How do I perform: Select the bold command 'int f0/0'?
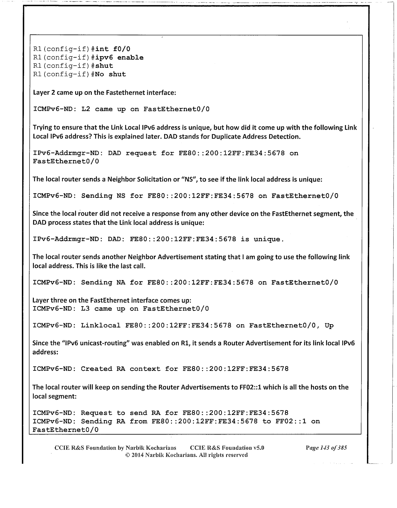click(113, 49)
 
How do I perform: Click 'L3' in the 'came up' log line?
click(85, 309)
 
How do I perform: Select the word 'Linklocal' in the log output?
click(101, 326)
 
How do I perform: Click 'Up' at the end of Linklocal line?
click(329, 326)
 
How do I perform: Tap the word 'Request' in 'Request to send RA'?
click(96, 413)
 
